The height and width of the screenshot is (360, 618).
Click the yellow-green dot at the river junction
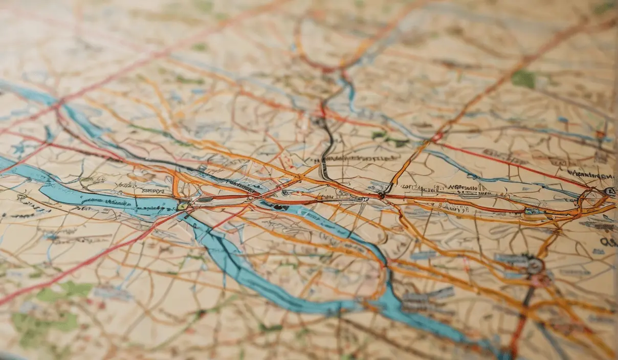182,207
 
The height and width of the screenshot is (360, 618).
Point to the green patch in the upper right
523,79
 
